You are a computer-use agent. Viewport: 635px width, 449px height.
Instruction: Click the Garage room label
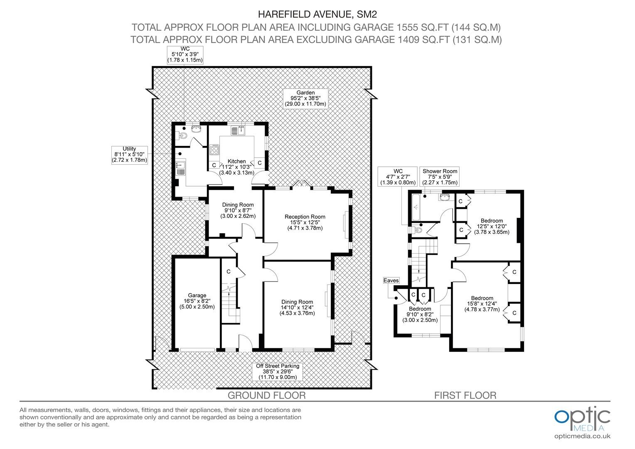pos(197,301)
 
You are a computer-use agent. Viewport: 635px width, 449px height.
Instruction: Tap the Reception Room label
pos(305,222)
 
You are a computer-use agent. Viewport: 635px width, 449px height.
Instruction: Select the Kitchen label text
pos(237,167)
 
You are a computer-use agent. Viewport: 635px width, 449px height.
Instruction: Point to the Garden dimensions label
pos(305,99)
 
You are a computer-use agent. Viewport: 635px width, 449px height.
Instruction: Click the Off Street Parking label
pos(278,372)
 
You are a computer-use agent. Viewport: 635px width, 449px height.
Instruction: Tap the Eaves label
pos(391,281)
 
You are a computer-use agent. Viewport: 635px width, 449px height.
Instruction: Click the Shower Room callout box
pos(440,177)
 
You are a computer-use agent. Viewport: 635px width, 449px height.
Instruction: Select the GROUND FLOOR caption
pos(267,395)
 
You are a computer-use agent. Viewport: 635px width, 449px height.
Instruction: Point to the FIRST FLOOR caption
pos(465,395)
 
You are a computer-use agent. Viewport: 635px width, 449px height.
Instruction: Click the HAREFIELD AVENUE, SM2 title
pos(317,14)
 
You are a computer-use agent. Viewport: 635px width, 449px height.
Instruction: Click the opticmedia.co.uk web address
pos(582,437)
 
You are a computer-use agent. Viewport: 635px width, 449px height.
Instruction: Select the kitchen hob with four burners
pos(214,150)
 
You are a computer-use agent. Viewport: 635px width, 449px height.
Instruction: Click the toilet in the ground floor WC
pos(182,136)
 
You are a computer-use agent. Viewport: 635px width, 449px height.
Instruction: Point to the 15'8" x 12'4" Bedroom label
pos(482,304)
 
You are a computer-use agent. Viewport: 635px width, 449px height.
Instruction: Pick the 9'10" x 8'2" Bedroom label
pos(420,315)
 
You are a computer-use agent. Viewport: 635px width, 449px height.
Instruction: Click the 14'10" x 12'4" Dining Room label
pos(297,308)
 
